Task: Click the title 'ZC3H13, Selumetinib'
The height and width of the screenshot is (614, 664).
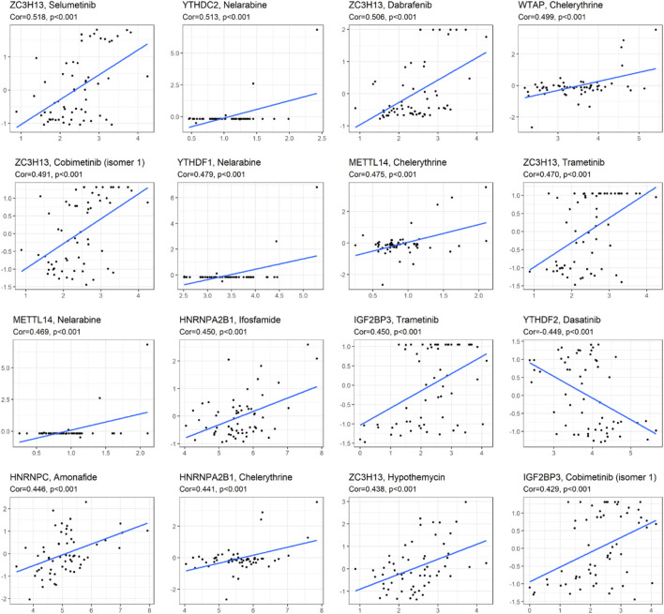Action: [49, 7]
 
